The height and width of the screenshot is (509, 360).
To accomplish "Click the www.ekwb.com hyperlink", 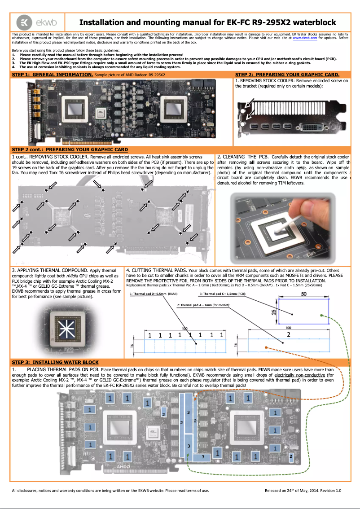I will pos(305,39).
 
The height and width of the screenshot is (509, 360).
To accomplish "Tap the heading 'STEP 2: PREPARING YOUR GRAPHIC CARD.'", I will pos(287,75).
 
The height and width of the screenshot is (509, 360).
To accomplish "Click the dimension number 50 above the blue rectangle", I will pos(303,294).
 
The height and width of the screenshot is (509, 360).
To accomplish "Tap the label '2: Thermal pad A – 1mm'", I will pos(203,305).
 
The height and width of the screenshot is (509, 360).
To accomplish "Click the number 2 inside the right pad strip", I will pos(288,334).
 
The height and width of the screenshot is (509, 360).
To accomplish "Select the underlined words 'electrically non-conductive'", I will pos(300,374).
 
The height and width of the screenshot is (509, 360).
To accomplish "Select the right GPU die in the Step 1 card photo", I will pos(174,108).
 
